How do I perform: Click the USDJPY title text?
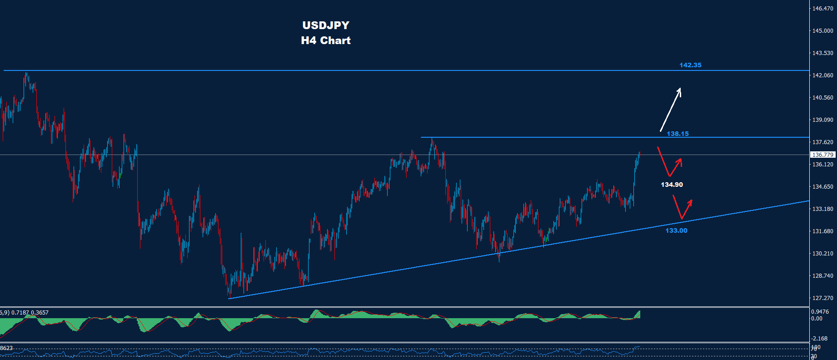click(x=326, y=25)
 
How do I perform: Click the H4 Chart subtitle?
click(x=326, y=40)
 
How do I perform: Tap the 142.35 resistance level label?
click(x=690, y=65)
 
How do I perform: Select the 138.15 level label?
click(x=678, y=134)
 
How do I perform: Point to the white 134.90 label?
click(x=672, y=185)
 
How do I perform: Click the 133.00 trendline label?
click(x=676, y=230)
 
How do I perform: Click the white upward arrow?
click(x=670, y=110)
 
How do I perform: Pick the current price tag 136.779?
click(x=822, y=155)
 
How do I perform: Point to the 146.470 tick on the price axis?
click(x=822, y=9)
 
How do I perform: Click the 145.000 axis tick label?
click(x=822, y=31)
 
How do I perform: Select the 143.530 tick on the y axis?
click(x=822, y=53)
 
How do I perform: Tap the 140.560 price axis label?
click(x=822, y=98)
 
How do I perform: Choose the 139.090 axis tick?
click(x=822, y=120)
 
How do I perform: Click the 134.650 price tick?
click(x=822, y=187)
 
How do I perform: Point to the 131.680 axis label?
click(x=822, y=231)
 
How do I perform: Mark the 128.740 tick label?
click(x=822, y=276)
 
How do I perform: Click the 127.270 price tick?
click(x=822, y=298)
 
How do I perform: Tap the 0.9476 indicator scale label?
click(x=820, y=312)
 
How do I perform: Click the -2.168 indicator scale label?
click(x=819, y=339)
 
